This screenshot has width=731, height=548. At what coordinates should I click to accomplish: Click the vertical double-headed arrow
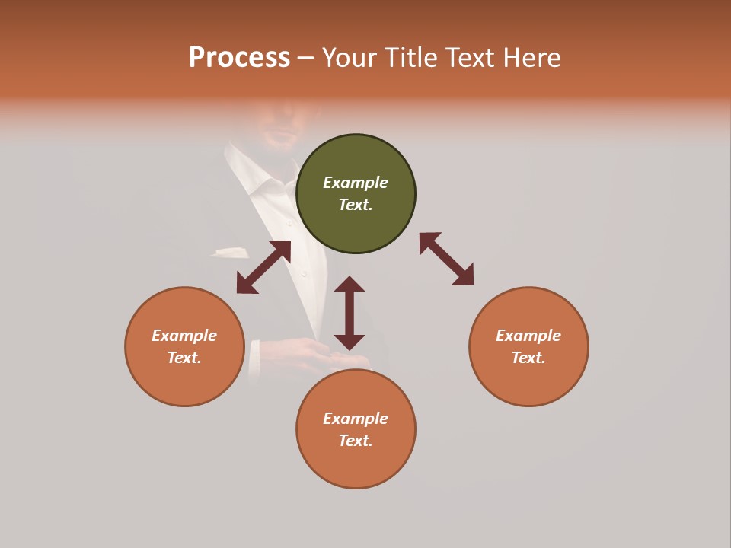click(350, 313)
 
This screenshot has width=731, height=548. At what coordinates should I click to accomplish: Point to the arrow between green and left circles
click(263, 267)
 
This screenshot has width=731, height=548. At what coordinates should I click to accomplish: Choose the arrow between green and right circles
click(446, 259)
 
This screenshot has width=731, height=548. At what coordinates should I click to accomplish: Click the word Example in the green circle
click(356, 183)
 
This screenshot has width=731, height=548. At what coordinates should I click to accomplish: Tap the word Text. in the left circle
click(184, 358)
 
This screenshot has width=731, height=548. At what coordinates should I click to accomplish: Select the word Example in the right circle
click(528, 336)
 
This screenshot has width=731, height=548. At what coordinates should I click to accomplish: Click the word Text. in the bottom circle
click(356, 441)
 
